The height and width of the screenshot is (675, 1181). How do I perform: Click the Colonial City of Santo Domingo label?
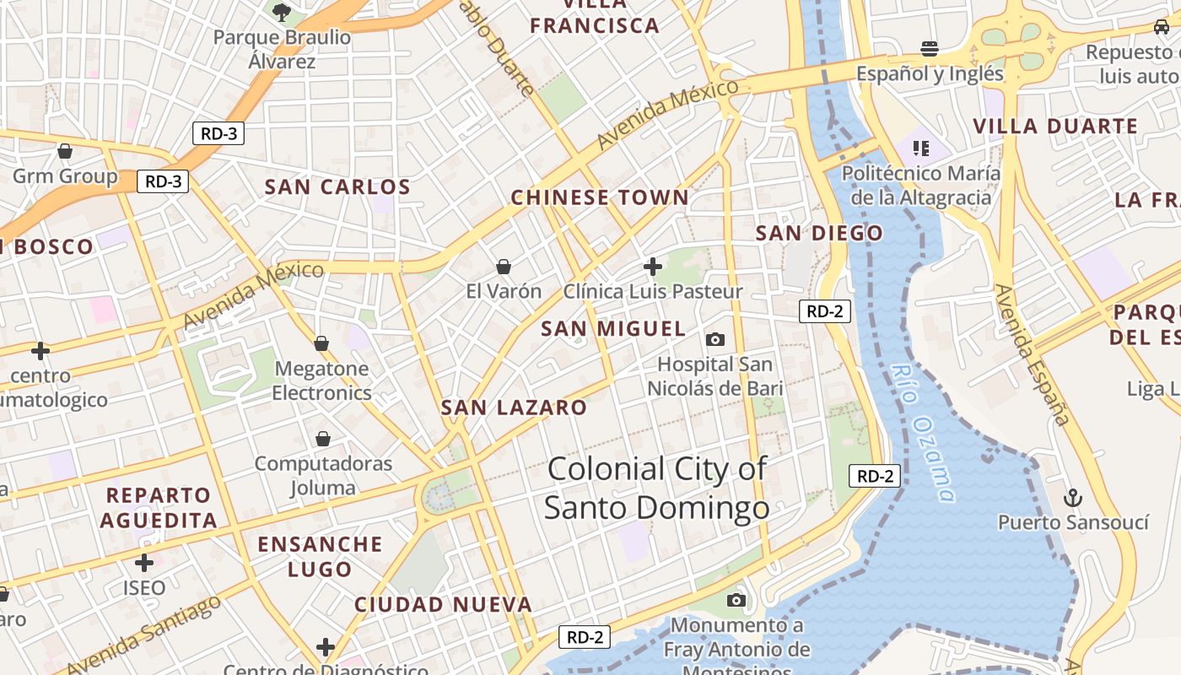tap(656, 489)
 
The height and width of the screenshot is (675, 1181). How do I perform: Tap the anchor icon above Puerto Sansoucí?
tap(1072, 498)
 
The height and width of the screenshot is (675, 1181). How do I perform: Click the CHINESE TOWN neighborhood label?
tap(600, 198)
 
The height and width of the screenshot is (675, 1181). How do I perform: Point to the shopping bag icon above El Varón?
tap(504, 267)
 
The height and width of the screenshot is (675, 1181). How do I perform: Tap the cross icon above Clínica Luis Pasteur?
tap(652, 267)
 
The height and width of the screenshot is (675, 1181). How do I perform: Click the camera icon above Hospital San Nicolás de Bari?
tap(715, 339)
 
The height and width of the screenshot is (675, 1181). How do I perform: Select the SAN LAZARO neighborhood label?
tap(514, 408)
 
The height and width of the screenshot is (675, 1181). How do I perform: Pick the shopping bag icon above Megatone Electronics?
tap(321, 343)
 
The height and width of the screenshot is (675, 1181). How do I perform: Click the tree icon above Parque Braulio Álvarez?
tap(281, 12)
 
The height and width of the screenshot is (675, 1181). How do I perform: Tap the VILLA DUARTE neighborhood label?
tap(1055, 127)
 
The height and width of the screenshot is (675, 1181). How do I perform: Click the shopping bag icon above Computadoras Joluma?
tap(323, 439)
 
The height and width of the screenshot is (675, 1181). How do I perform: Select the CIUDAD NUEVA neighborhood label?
tap(443, 604)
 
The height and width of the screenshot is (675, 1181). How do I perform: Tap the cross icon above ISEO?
tap(144, 562)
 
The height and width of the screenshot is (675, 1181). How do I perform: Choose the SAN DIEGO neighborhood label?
tap(819, 233)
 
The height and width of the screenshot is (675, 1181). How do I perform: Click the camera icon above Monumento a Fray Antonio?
tap(736, 600)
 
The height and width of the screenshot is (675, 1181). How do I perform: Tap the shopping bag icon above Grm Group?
tap(65, 152)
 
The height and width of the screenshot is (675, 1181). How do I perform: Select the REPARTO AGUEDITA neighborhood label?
tap(158, 507)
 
